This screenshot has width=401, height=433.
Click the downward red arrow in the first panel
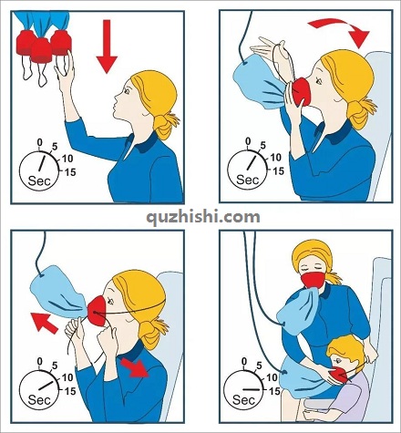click(107, 46)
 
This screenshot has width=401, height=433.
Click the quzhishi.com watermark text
click(203, 217)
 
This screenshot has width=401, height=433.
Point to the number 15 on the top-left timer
click(70, 172)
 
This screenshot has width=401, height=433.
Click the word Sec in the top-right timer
click(247, 180)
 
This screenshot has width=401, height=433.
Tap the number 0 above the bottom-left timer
click(39, 361)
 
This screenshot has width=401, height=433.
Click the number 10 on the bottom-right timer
click(272, 377)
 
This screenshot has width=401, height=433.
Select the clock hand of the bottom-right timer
click(252, 389)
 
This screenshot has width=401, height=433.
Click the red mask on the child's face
click(340, 375)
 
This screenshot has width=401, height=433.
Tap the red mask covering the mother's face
click(314, 280)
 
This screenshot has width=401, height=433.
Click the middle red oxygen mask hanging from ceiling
click(42, 49)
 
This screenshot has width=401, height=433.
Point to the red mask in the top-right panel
click(302, 92)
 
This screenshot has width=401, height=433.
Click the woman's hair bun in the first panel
click(165, 125)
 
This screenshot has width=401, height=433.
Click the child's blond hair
click(346, 349)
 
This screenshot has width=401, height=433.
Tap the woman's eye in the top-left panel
click(127, 90)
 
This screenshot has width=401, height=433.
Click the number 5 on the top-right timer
click(262, 146)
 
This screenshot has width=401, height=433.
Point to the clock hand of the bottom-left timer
click(46, 385)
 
